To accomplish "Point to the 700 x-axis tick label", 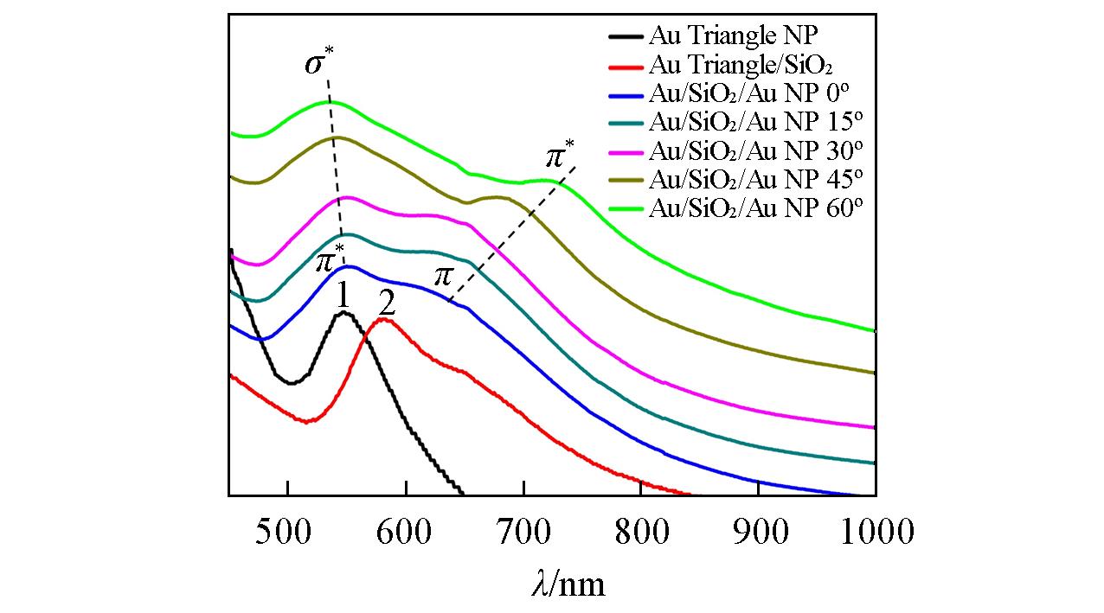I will point(523,531).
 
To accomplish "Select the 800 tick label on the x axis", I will point(640,531).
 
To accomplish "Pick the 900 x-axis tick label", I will point(758,531).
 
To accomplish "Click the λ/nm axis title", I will point(568,584).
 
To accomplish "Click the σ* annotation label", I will point(319,65).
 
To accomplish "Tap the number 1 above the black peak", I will point(343,297).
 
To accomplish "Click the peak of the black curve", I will point(343,313).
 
